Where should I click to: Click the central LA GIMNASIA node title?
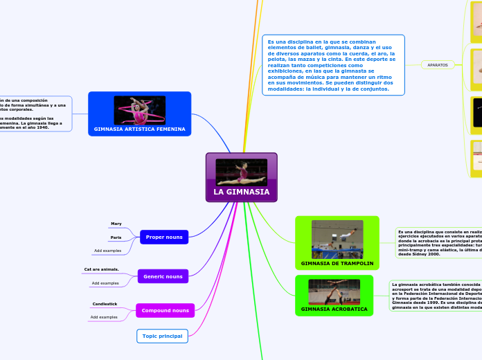(x=241, y=192)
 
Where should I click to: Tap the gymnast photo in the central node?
(x=241, y=171)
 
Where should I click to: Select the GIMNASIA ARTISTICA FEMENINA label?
(x=140, y=129)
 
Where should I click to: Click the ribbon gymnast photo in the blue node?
(x=140, y=110)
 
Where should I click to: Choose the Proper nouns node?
(x=164, y=237)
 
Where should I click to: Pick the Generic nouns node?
(x=163, y=276)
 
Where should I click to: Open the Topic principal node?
(x=162, y=336)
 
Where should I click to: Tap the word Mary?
(x=116, y=224)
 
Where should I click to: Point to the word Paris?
(x=116, y=237)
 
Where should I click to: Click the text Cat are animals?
(x=101, y=269)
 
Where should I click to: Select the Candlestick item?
(x=105, y=304)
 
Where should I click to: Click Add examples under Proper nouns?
(x=107, y=250)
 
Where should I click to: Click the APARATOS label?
(x=437, y=65)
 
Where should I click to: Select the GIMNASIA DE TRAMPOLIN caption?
(x=337, y=264)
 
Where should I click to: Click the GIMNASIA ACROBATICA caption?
(x=334, y=309)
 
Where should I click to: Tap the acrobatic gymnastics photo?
(x=334, y=291)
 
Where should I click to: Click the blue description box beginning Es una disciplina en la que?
(x=333, y=64)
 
